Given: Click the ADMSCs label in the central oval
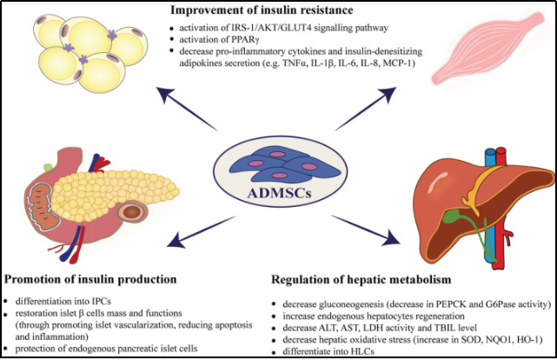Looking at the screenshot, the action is (x=279, y=193).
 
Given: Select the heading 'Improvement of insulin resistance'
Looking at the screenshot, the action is (x=262, y=10).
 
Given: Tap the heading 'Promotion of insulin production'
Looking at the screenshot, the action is (x=90, y=279).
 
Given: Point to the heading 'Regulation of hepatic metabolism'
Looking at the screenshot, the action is (x=361, y=280).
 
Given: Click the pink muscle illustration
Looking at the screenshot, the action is (x=487, y=49).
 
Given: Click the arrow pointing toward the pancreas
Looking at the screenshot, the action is (x=201, y=231).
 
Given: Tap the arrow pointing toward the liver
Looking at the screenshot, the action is (x=366, y=230).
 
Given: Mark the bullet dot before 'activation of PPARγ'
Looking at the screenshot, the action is (x=172, y=40).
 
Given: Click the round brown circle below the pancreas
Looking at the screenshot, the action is (x=132, y=212).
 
